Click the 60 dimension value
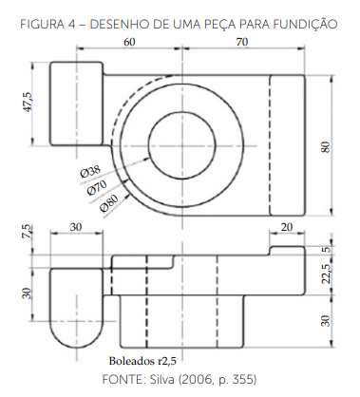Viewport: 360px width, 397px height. [x=129, y=42]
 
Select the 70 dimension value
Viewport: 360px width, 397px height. [x=242, y=42]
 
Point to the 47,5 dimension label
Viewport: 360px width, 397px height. [x=28, y=102]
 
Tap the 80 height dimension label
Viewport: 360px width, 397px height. [x=326, y=147]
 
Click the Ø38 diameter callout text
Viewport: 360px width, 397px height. [x=90, y=172]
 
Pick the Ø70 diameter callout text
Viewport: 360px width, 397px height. [x=97, y=188]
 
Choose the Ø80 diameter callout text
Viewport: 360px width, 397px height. [x=109, y=202]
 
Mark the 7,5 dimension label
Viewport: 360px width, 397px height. [x=28, y=231]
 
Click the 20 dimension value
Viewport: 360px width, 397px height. [x=287, y=227]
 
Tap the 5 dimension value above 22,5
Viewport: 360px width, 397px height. [x=326, y=250]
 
